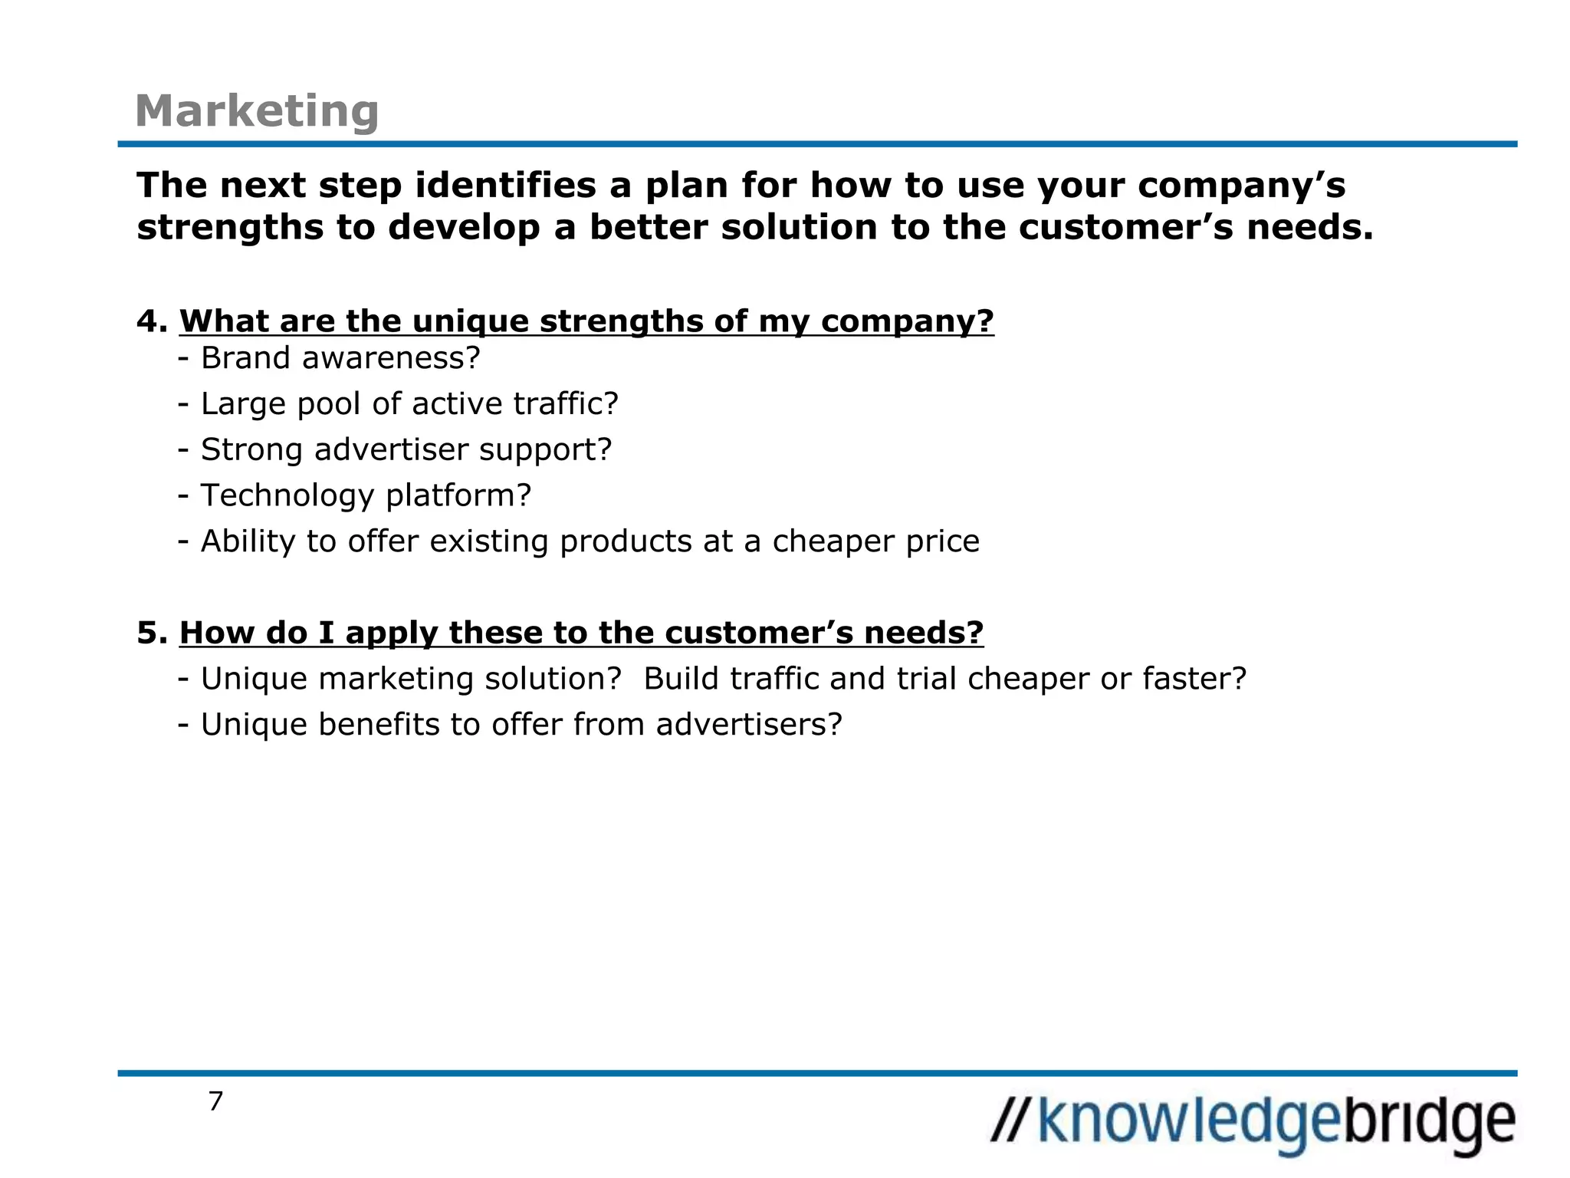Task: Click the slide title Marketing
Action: tap(257, 111)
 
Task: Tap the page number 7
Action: tap(215, 1101)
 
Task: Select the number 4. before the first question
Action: tap(152, 321)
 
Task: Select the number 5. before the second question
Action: tap(152, 633)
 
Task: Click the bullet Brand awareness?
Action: tap(340, 358)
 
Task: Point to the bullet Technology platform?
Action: tap(365, 495)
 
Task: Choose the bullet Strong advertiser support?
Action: tap(406, 449)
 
